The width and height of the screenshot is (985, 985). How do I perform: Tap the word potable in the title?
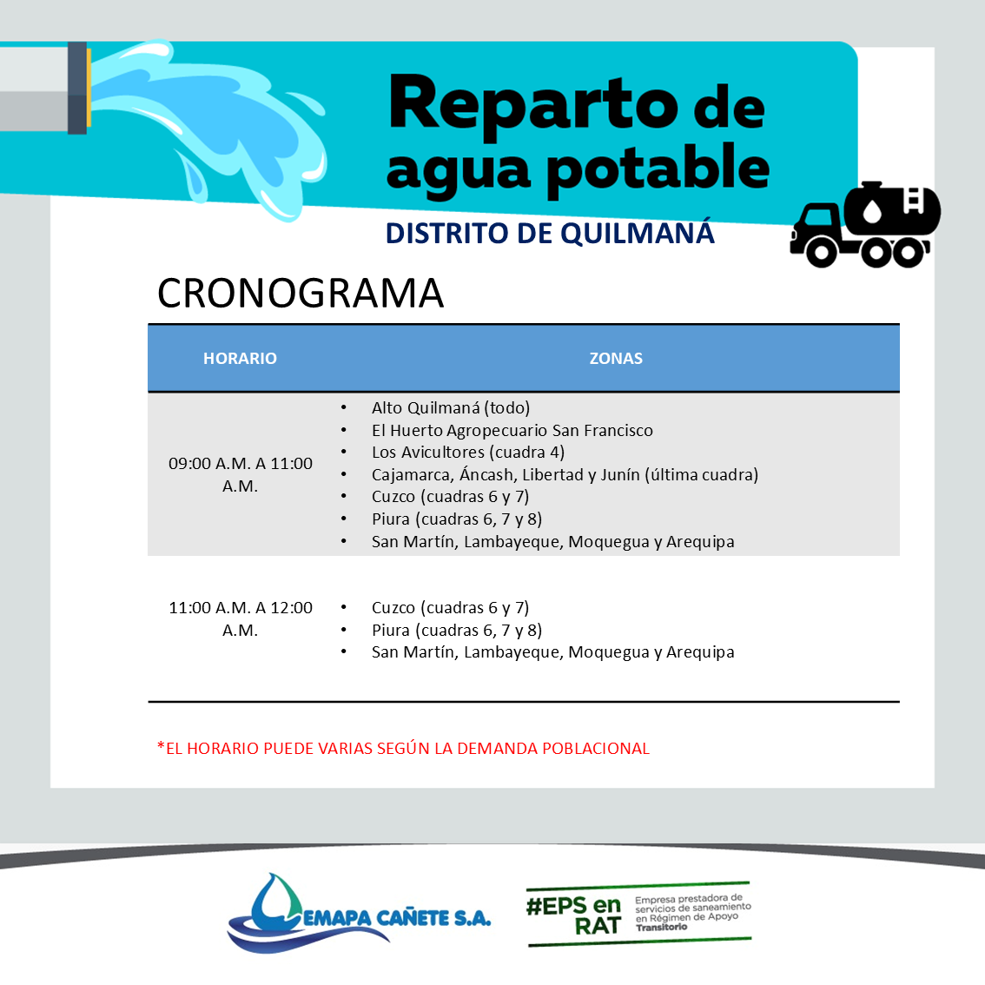(658, 168)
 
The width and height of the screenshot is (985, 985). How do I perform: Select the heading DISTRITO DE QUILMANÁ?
(550, 233)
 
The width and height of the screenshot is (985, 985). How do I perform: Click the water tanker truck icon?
(865, 224)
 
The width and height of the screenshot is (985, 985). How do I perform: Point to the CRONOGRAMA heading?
(301, 293)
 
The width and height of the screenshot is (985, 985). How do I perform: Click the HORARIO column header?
(240, 358)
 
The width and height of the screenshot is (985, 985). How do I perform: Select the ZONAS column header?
(616, 358)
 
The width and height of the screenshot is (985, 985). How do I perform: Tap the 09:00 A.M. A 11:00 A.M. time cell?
(240, 474)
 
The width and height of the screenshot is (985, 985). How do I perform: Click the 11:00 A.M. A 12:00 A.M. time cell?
(240, 618)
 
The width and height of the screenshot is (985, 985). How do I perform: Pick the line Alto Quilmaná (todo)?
(451, 407)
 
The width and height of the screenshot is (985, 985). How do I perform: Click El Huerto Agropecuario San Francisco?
(512, 430)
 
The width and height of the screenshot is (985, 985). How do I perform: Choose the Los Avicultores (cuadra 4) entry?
(468, 453)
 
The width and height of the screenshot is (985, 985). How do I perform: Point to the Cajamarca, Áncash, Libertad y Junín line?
(565, 474)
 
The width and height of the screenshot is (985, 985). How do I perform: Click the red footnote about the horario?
(403, 748)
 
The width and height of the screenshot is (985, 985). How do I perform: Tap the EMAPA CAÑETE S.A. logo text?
(397, 918)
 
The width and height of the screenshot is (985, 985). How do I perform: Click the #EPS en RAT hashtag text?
(573, 916)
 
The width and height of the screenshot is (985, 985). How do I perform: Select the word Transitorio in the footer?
(661, 927)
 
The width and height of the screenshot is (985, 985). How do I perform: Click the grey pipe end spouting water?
(44, 88)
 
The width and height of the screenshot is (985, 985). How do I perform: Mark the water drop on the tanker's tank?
(873, 210)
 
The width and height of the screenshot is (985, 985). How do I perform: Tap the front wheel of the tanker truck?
(821, 253)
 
